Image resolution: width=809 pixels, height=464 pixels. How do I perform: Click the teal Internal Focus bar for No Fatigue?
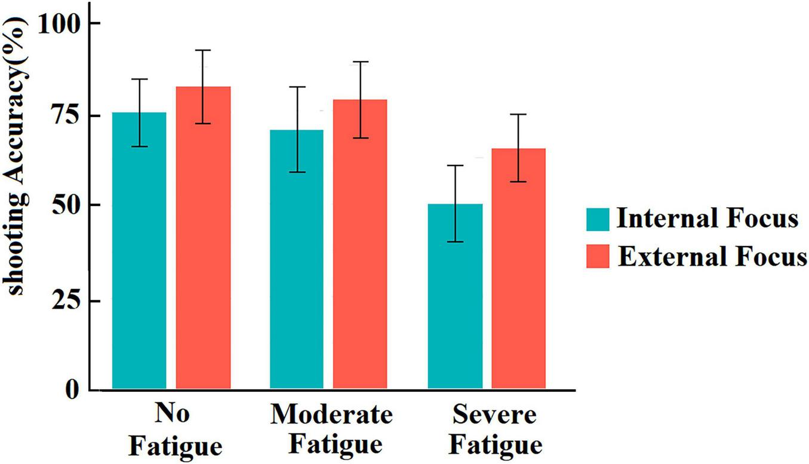[x=139, y=251]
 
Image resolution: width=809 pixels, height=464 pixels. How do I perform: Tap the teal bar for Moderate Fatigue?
[x=297, y=259]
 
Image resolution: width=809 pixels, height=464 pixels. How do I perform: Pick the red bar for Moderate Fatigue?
[x=360, y=244]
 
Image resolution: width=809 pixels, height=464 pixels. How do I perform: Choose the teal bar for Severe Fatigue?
[x=455, y=296]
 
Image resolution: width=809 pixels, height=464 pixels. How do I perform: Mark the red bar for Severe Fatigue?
[x=518, y=269]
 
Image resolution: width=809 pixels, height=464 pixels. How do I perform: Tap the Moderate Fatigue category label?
[x=332, y=429]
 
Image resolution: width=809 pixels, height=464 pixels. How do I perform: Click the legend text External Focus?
[x=712, y=257]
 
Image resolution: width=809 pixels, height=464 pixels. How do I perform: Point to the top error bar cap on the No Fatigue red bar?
[x=203, y=50]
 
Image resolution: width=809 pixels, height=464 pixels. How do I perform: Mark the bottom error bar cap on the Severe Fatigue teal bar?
[x=455, y=242]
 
